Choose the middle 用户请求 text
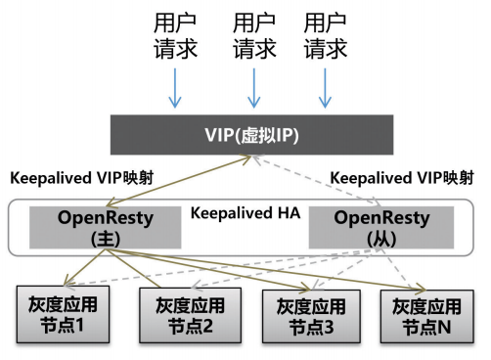coord(252,35)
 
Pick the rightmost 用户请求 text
coord(326,35)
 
